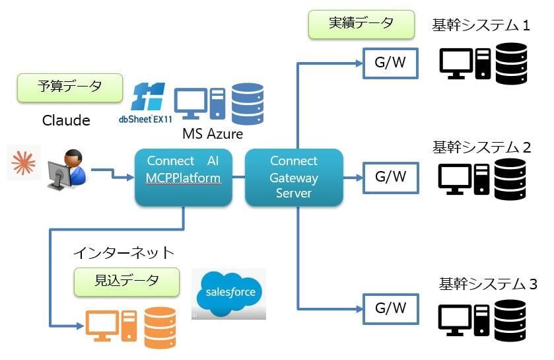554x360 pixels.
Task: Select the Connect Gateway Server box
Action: pyautogui.click(x=294, y=177)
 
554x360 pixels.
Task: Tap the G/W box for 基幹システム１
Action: pyautogui.click(x=390, y=63)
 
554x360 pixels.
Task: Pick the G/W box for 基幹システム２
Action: pyautogui.click(x=390, y=177)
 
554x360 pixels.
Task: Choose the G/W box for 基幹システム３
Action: pyautogui.click(x=390, y=307)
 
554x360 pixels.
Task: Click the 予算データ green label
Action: pyautogui.click(x=70, y=87)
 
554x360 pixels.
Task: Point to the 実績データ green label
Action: pyautogui.click(x=361, y=23)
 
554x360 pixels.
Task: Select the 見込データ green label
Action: pyautogui.click(x=126, y=281)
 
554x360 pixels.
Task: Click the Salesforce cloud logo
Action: pyautogui.click(x=229, y=293)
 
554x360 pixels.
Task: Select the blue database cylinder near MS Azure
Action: pyautogui.click(x=248, y=103)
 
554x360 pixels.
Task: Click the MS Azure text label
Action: pyautogui.click(x=213, y=134)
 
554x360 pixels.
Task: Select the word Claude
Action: pyautogui.click(x=66, y=120)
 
